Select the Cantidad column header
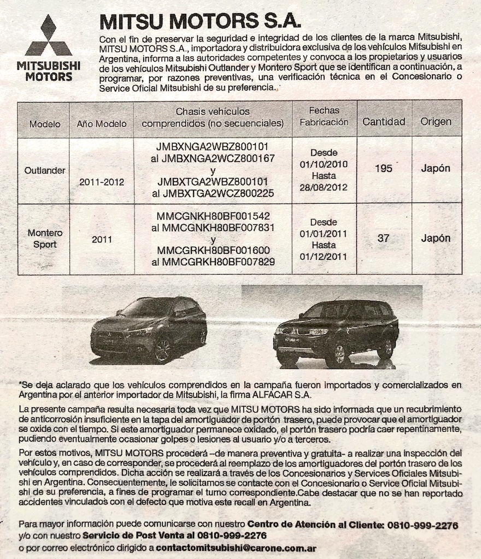pos(384,122)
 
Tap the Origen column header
pos(436,122)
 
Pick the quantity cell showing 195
pos(384,169)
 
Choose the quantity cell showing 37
pos(384,238)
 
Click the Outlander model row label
pos(45,170)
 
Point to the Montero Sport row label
pos(45,239)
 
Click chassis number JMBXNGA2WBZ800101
pos(212,147)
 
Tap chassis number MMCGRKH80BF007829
pos(213,263)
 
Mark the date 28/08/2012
pos(324,188)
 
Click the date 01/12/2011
pos(324,257)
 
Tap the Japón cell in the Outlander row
pos(436,169)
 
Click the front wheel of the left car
pos(163,349)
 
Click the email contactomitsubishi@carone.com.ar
pos(236,547)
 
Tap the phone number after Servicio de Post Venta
pos(232,536)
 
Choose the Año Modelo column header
pos(101,124)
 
